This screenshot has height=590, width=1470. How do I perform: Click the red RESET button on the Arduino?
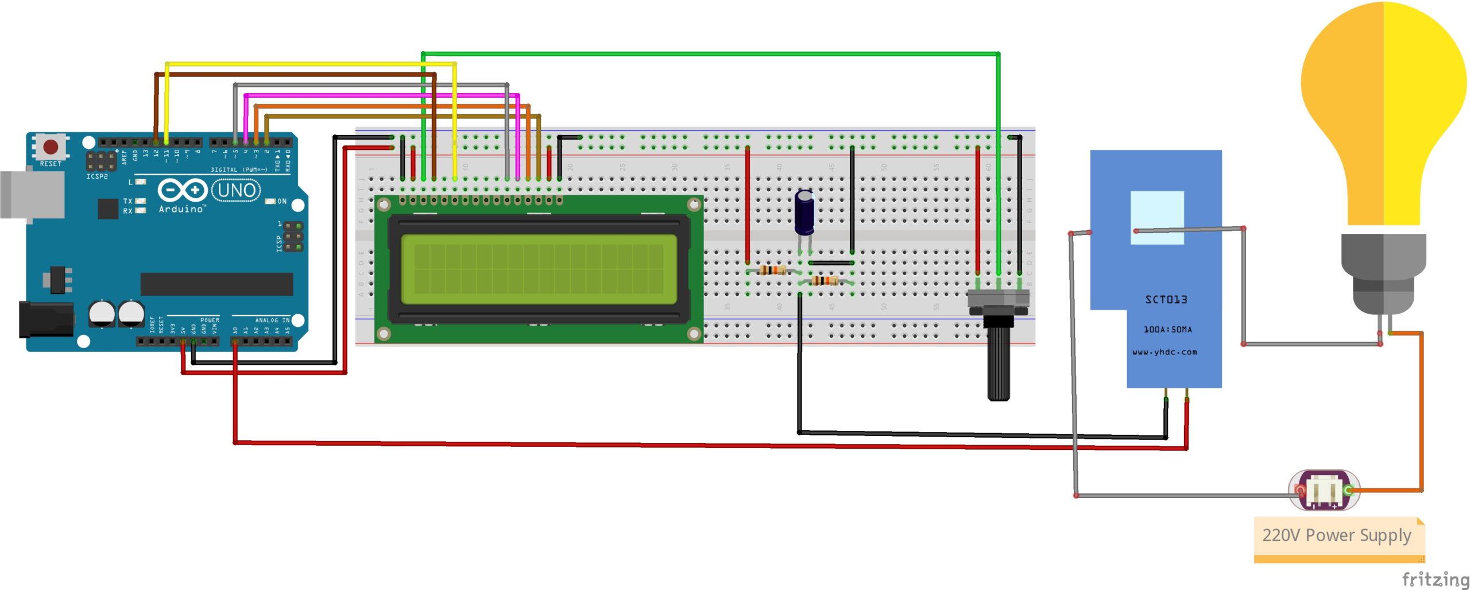point(51,146)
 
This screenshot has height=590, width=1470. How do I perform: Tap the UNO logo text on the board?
point(237,190)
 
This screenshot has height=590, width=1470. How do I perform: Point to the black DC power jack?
point(46,319)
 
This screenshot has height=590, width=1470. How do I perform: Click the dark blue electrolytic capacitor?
point(804,213)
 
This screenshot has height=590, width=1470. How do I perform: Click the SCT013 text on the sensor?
point(1166,299)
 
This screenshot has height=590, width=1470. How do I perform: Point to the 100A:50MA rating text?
point(1167,329)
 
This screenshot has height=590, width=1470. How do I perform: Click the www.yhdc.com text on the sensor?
point(1165,352)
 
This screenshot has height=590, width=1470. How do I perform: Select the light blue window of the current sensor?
point(1156,217)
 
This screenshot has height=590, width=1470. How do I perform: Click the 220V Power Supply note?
point(1336,535)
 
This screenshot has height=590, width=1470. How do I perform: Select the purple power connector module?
point(1324,490)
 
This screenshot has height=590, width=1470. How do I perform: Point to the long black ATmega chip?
point(216,284)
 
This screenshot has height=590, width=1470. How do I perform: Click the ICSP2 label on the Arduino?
point(97,176)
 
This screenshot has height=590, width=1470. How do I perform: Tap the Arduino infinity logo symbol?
point(182,190)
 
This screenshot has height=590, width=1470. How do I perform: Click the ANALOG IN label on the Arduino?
point(272,320)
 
